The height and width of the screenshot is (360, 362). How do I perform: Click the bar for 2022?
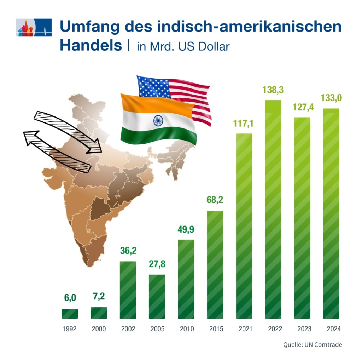tap(273, 209)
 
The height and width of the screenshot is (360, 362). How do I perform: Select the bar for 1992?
tap(70, 314)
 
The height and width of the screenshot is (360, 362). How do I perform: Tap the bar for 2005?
tap(157, 296)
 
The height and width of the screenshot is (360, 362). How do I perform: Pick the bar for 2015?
tap(215, 264)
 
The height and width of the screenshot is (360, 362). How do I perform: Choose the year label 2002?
tap(128, 329)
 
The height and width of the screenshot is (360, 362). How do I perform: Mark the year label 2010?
tap(186, 329)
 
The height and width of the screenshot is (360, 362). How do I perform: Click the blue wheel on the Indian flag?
tap(158, 121)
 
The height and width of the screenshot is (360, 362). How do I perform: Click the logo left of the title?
tap(34, 28)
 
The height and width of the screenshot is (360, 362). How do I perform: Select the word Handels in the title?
tap(90, 45)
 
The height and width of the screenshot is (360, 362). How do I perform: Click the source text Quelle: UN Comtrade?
tap(313, 344)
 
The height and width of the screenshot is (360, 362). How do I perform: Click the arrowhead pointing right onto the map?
tap(94, 147)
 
